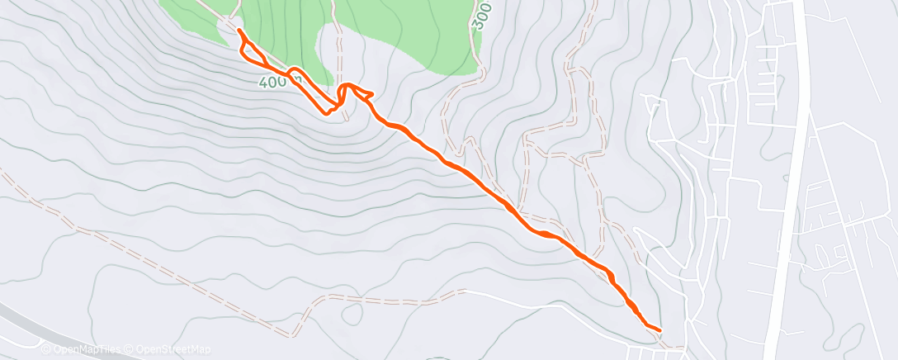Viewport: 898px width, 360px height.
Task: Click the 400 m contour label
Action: [273, 83]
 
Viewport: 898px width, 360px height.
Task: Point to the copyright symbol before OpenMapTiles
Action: [46, 349]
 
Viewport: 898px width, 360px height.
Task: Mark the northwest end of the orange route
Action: [239, 30]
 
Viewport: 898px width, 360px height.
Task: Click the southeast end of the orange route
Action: [660, 330]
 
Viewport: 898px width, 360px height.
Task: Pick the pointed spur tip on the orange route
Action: [374, 93]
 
